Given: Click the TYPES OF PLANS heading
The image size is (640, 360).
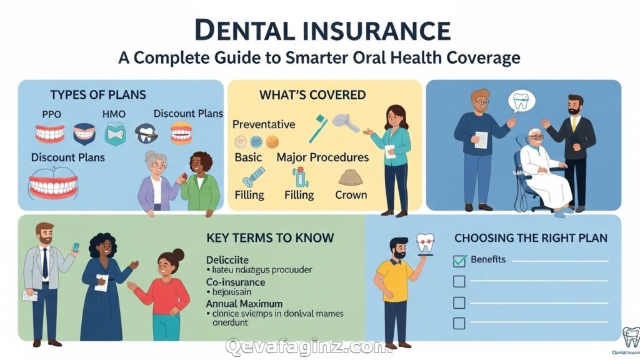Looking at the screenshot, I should (97, 95).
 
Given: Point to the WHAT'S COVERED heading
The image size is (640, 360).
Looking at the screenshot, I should (312, 95).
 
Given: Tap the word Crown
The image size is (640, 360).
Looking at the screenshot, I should (351, 194).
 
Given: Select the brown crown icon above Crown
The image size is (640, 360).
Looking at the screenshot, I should (351, 177).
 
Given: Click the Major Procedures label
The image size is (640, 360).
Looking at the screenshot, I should (322, 157).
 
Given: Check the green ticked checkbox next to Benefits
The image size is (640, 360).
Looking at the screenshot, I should (459, 260).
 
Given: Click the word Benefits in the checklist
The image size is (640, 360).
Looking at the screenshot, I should (488, 259).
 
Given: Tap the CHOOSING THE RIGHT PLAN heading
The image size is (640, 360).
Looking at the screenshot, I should (531, 238).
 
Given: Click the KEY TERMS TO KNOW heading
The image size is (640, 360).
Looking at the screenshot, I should (270, 238).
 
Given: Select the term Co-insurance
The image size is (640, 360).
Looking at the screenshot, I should (236, 282).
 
